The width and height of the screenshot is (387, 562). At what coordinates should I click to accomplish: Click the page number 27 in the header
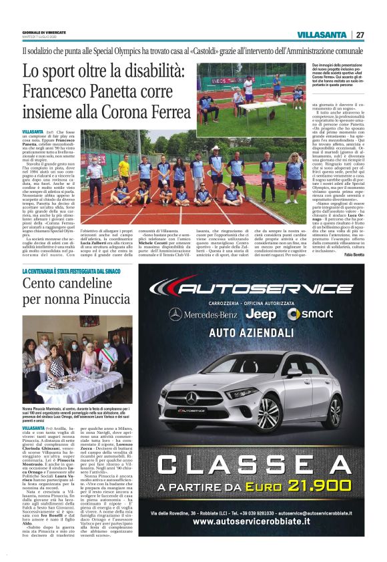tap(360, 35)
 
